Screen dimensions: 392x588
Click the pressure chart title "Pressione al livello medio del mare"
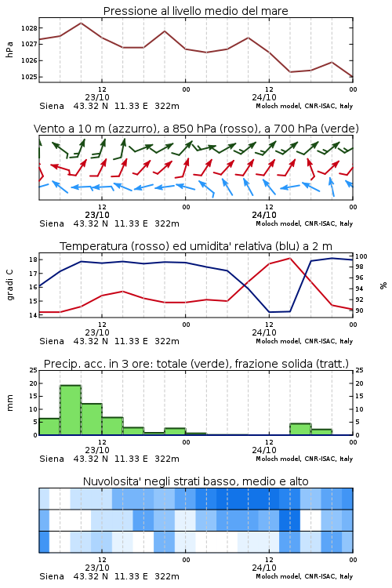pyautogui.click(x=195, y=11)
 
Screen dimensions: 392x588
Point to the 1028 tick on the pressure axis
pyautogui.click(x=29, y=28)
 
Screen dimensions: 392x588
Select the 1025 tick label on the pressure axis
pyautogui.click(x=29, y=77)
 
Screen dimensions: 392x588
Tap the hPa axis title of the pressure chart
pyautogui.click(x=9, y=49)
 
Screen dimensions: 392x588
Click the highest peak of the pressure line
pyautogui.click(x=81, y=23)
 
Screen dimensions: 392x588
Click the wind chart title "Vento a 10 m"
pyautogui.click(x=70, y=129)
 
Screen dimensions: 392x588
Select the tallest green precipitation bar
pyautogui.click(x=71, y=410)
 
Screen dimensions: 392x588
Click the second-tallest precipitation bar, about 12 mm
pyautogui.click(x=92, y=419)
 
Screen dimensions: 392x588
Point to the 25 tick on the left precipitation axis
pyautogui.click(x=34, y=370)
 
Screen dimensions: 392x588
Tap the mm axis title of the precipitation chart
pyautogui.click(x=9, y=403)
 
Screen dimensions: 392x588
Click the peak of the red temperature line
pyautogui.click(x=289, y=258)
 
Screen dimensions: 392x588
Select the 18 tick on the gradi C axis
pyautogui.click(x=33, y=260)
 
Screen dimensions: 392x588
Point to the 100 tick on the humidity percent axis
pyautogui.click(x=361, y=256)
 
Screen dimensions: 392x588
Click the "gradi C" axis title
pyautogui.click(x=9, y=285)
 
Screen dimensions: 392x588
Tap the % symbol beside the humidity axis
pyautogui.click(x=383, y=285)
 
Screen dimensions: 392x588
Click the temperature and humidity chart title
pyautogui.click(x=196, y=246)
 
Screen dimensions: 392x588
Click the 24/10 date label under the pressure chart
pyautogui.click(x=264, y=97)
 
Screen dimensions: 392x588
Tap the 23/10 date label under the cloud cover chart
pyautogui.click(x=97, y=568)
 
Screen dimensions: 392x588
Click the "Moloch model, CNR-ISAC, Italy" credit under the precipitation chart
pyautogui.click(x=304, y=459)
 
